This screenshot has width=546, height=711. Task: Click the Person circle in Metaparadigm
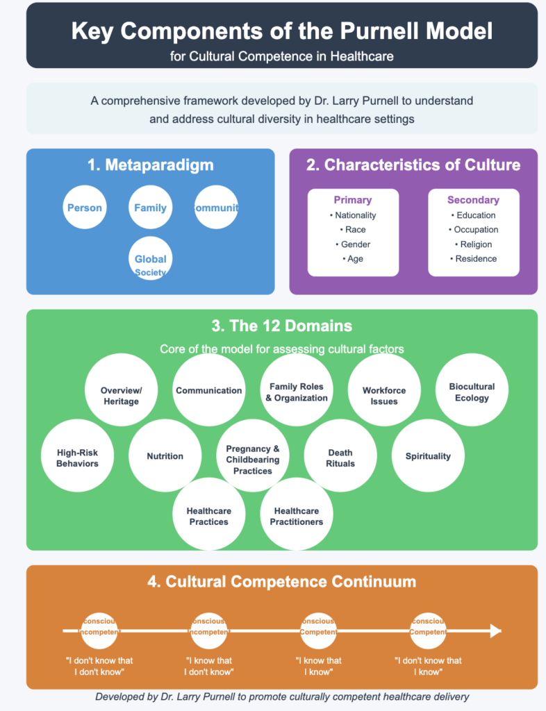pos(84,208)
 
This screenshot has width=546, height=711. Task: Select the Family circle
pos(150,208)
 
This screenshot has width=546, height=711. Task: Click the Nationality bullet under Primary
pos(353,215)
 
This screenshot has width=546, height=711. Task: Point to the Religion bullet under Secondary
pos(473,244)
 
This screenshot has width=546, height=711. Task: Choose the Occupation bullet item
pos(473,230)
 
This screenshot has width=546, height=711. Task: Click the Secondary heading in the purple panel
pos(473,200)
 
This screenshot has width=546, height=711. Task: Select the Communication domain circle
pos(209,390)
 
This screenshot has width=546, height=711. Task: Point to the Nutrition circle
pos(165,456)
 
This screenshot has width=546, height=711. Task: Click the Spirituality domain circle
pos(428,456)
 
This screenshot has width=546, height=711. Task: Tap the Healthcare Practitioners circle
pos(297,516)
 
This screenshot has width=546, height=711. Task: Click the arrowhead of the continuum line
pos(495,630)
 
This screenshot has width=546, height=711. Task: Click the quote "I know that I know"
pos(319,666)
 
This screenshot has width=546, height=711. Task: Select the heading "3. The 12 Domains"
pos(282,326)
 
